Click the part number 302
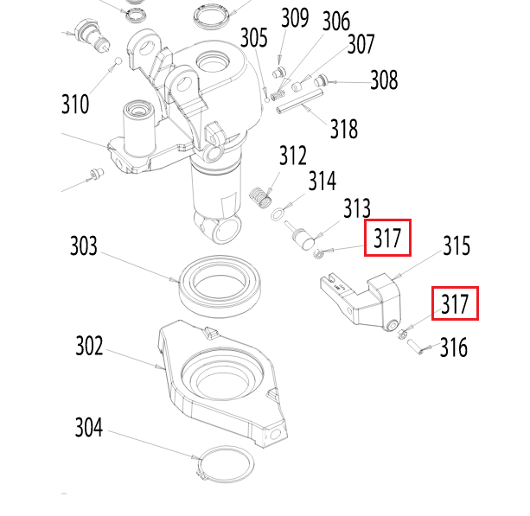(88, 347)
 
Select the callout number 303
(84, 246)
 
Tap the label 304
(88, 427)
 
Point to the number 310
(75, 105)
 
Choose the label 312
(292, 156)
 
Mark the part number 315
(456, 246)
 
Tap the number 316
(453, 347)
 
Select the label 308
(384, 80)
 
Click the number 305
(254, 38)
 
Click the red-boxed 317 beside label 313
(387, 238)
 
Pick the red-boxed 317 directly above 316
(455, 303)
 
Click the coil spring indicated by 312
(259, 198)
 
